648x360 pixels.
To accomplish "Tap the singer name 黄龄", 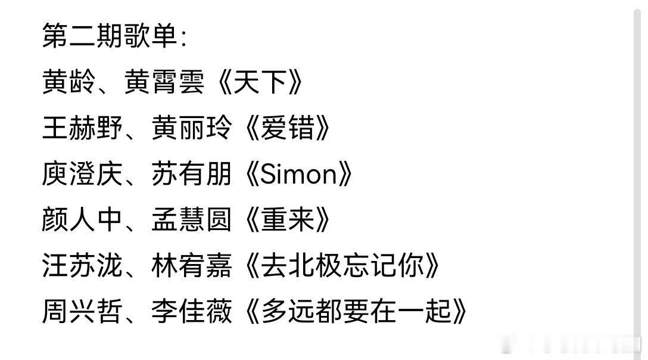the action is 68,82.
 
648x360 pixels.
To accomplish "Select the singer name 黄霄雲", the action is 164,82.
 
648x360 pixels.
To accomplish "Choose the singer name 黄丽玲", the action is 191,128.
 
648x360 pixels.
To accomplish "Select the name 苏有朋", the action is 191,174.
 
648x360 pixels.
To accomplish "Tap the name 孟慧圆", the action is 191,220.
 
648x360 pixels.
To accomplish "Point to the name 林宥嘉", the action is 191,266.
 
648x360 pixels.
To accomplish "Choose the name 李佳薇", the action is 191,312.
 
